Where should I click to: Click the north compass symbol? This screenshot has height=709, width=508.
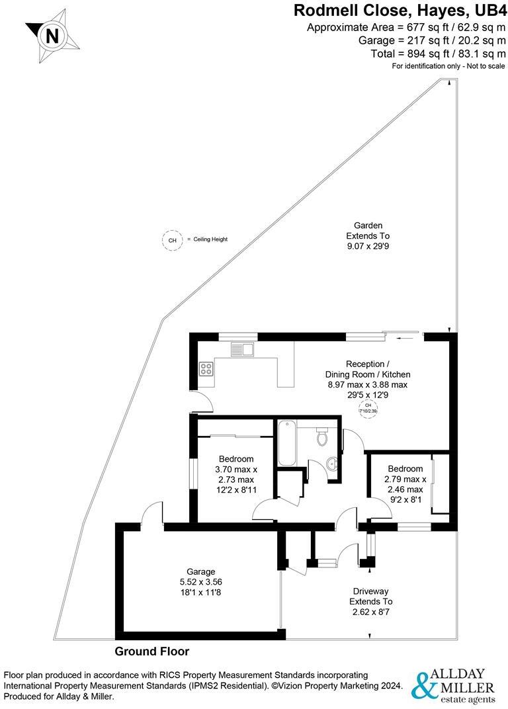click(52, 34)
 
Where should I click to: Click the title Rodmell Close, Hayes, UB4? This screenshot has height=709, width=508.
click(399, 10)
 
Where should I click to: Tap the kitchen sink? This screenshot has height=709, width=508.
click(242, 349)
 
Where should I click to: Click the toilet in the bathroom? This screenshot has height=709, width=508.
click(323, 437)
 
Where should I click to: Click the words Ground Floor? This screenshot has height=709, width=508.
click(152, 651)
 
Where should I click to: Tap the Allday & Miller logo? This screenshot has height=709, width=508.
click(453, 684)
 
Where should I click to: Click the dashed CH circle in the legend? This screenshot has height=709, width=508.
click(173, 240)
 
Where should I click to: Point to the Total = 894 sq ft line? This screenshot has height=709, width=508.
click(406, 53)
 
